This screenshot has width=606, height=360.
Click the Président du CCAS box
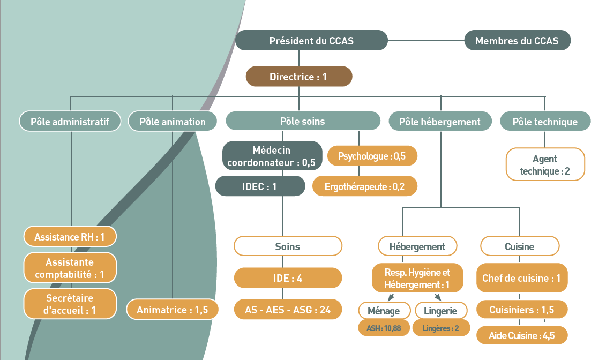pos(311,41)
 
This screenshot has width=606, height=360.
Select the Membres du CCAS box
pos(517,41)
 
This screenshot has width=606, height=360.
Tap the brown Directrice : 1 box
pos(298,77)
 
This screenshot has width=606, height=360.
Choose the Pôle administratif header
pos(70,122)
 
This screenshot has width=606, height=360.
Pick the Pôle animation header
pos(173,122)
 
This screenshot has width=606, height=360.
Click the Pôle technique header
pos(545,122)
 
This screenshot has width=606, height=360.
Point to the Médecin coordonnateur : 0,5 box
pos(272,156)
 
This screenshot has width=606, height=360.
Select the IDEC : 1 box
pos(260,186)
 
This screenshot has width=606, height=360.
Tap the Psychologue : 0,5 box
pos(372,156)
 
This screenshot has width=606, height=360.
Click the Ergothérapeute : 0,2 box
pos(364,186)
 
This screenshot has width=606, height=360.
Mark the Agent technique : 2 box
pos(545,165)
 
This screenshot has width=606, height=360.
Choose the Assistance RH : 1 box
pos(70,236)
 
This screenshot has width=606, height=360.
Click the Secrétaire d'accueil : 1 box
pos(70,304)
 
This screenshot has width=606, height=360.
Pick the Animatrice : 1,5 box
pos(173,310)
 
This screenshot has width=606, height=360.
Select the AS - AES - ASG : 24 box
pos(288,310)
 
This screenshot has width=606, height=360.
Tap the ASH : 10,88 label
pos(384,328)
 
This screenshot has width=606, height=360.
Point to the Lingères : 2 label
pos(440,328)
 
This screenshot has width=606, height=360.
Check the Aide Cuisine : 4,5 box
pos(521,335)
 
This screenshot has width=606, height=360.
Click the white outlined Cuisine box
pos(519,247)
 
